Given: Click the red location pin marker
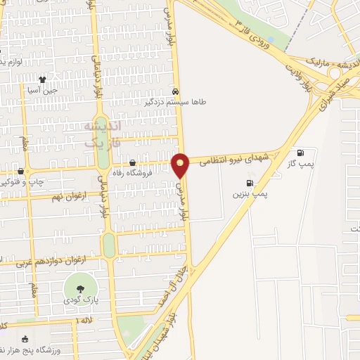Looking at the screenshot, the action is coord(181,165).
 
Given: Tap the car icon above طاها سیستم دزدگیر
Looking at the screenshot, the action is coord(176,91).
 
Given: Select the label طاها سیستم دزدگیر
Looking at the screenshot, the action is coord(176,103).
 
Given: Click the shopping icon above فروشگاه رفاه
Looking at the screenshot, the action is coord(132,163).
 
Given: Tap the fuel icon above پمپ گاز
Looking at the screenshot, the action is coord(301,153).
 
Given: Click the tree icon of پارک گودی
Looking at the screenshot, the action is coord(79,288).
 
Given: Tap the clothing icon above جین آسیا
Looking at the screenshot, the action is coord(43,79).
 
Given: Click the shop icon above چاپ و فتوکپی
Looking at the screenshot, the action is coord(20,171).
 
